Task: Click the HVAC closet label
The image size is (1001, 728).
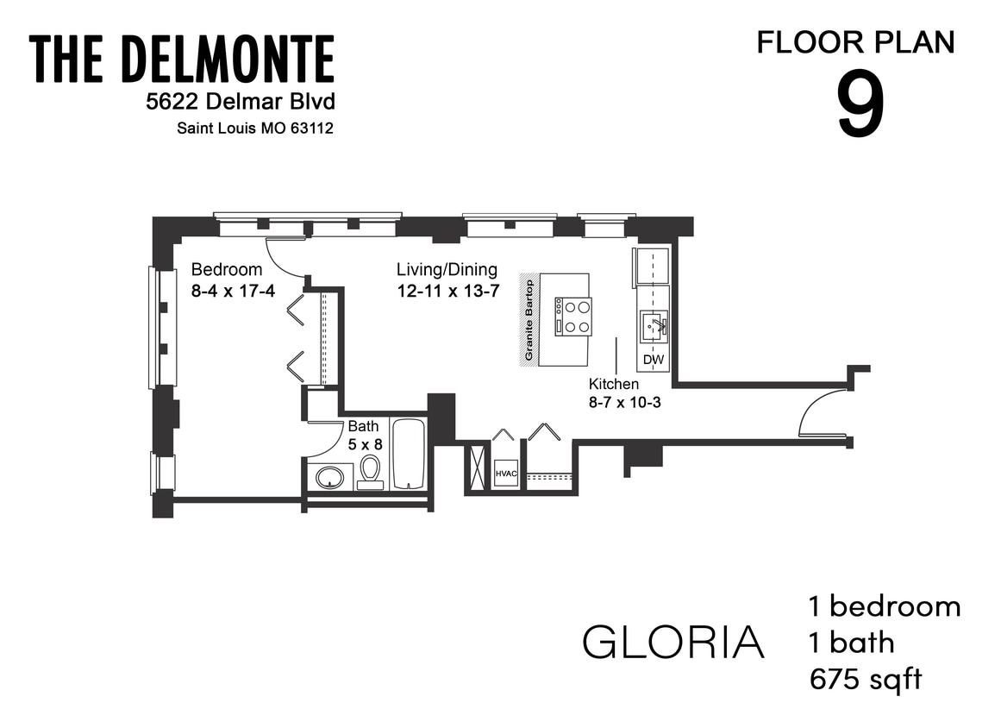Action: coord(505,474)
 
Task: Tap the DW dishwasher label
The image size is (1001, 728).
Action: coord(653,359)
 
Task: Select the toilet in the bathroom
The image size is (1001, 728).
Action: coord(371,472)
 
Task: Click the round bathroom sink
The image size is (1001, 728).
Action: coord(329,477)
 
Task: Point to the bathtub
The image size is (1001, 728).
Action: coord(409,454)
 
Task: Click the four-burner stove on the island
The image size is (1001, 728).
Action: coord(573,316)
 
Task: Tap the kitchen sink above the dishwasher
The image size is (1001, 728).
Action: coord(654,326)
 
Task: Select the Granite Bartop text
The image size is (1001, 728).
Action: coord(529,320)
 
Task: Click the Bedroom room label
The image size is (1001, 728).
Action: coord(227,269)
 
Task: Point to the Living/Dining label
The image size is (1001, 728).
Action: coord(447,269)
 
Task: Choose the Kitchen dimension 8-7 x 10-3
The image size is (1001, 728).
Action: coord(624,402)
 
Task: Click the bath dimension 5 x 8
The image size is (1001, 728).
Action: coord(365,445)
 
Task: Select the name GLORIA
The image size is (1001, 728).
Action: coord(673,642)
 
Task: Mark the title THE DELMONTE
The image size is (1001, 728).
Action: coord(182,60)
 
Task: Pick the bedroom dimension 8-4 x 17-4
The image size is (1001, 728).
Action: coord(233,291)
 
